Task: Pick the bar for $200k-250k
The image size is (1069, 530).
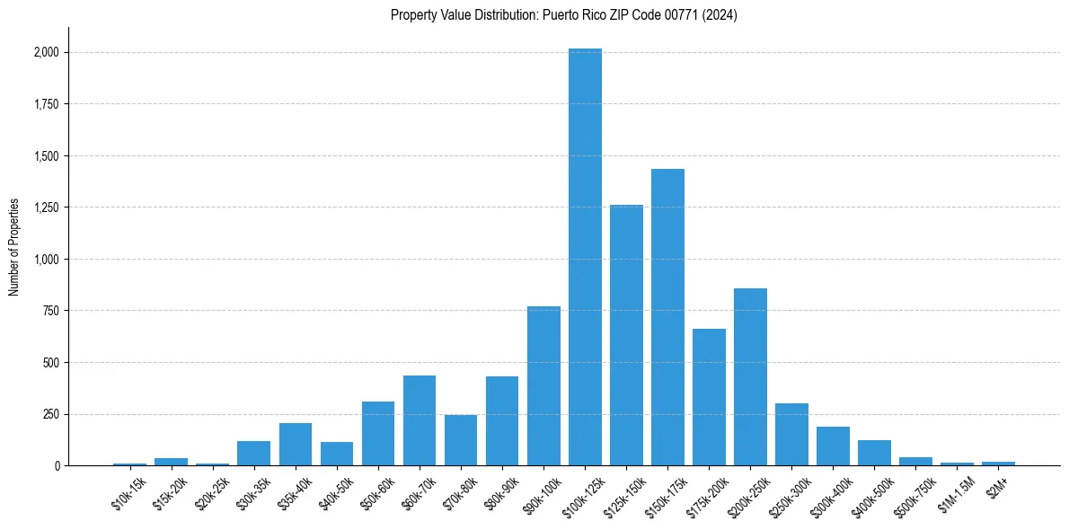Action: [x=750, y=377]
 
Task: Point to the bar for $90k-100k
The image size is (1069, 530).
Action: [x=543, y=386]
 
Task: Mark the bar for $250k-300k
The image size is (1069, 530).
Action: [x=791, y=435]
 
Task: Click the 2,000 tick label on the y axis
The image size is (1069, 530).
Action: [x=45, y=52]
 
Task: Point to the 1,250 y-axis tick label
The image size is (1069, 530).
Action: [x=45, y=208]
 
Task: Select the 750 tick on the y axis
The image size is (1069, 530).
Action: [x=50, y=311]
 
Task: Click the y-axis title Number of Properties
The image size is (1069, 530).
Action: [x=14, y=246]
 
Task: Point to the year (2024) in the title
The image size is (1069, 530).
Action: [x=719, y=15]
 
